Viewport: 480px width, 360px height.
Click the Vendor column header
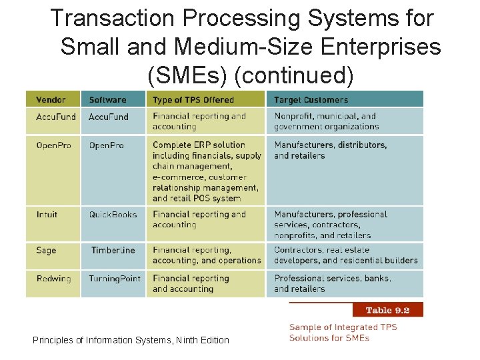[x=51, y=100]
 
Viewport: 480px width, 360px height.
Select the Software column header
[x=107, y=100]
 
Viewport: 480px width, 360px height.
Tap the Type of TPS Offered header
[x=193, y=100]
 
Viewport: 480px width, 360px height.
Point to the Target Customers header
[x=311, y=100]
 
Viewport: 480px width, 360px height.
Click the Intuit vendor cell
[x=47, y=215]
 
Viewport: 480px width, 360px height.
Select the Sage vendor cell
[x=46, y=251]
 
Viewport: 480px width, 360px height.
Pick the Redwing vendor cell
[x=53, y=279]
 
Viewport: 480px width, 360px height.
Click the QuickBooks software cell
[x=113, y=215]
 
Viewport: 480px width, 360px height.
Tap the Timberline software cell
[x=113, y=251]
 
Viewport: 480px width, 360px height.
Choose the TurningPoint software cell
[x=115, y=279]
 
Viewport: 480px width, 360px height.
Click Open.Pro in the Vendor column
[x=53, y=145]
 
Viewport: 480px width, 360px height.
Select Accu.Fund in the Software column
[x=109, y=117]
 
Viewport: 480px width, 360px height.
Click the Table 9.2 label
[x=387, y=310]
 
